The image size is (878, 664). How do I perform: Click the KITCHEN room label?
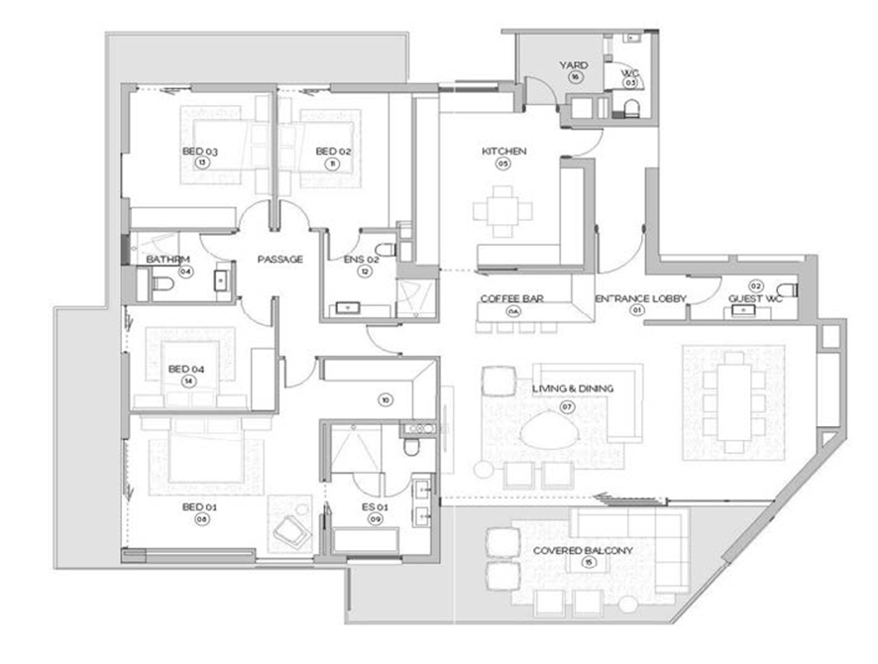pyautogui.click(x=503, y=152)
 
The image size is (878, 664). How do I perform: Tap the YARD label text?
pyautogui.click(x=574, y=65)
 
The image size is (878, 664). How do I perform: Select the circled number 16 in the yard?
pyautogui.click(x=574, y=77)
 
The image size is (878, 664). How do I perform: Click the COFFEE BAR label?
pyautogui.click(x=511, y=298)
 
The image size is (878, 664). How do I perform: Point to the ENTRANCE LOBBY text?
pyautogui.click(x=634, y=298)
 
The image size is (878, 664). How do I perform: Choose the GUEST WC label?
pyautogui.click(x=755, y=298)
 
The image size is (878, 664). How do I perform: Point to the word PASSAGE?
pyautogui.click(x=279, y=260)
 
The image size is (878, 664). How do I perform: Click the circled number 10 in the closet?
pyautogui.click(x=386, y=400)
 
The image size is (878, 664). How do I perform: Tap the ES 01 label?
pyautogui.click(x=375, y=506)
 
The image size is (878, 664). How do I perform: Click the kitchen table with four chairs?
pyautogui.click(x=502, y=211)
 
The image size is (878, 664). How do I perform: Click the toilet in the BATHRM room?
pyautogui.click(x=162, y=284)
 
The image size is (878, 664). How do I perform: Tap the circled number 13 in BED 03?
pyautogui.click(x=200, y=164)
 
